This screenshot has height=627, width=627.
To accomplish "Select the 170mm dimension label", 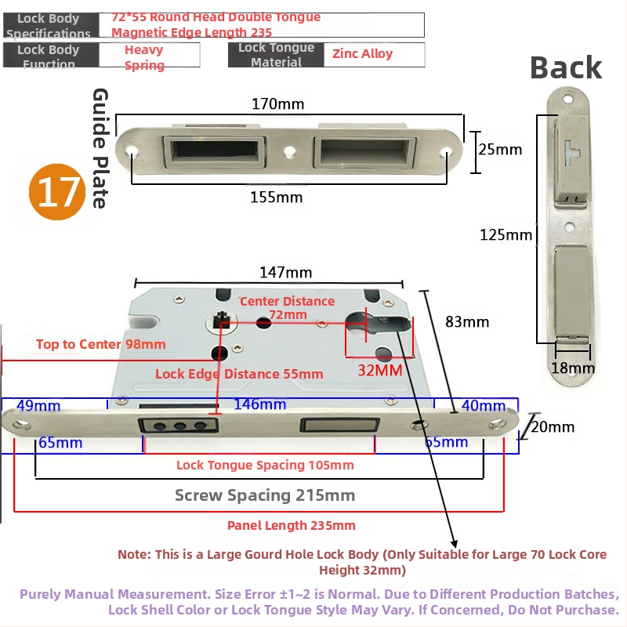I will pyautogui.click(x=278, y=103).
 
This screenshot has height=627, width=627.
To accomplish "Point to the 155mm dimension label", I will pyautogui.click(x=276, y=198).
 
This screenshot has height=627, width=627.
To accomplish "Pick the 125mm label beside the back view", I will pyautogui.click(x=506, y=234).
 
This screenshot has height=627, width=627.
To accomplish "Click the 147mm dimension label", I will pyautogui.click(x=285, y=273).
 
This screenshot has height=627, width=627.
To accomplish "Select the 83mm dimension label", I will pyautogui.click(x=466, y=321).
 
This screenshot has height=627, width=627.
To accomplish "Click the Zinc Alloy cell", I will pyautogui.click(x=362, y=54).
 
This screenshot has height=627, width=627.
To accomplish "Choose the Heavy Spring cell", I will pyautogui.click(x=144, y=57).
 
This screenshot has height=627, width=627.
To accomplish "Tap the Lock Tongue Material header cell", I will pyautogui.click(x=276, y=55).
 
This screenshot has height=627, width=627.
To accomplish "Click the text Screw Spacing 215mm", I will pyautogui.click(x=264, y=495).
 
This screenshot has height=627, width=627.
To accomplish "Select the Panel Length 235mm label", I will pyautogui.click(x=291, y=525).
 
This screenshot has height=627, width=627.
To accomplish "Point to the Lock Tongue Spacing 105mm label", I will pyautogui.click(x=265, y=465).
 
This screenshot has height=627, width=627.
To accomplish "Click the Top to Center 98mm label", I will pyautogui.click(x=100, y=344).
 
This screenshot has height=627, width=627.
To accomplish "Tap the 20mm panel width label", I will pyautogui.click(x=553, y=427).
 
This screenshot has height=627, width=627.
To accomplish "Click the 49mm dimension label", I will pyautogui.click(x=38, y=405).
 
